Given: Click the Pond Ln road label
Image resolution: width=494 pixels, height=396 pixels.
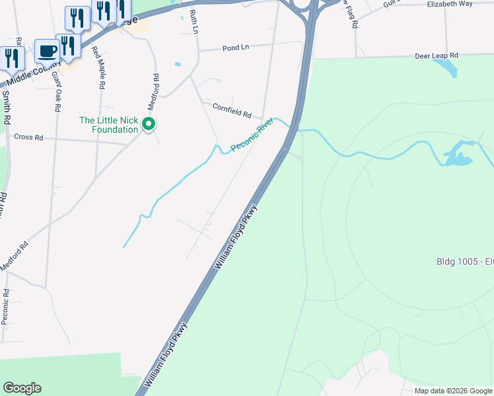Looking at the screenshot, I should pyautogui.click(x=236, y=48).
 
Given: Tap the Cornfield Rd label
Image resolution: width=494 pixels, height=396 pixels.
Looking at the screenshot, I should pyautogui.click(x=232, y=110).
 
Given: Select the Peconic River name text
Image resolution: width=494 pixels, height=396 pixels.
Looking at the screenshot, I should pyautogui.click(x=252, y=135).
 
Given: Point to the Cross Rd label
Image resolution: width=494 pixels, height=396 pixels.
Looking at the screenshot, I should pyautogui.click(x=28, y=137).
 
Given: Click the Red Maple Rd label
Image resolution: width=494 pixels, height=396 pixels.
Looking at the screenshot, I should pyautogui.click(x=98, y=67).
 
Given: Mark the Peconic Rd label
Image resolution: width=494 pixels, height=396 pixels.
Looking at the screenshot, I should pyautogui.click(x=5, y=306).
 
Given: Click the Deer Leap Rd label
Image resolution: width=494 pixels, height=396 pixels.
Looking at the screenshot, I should pyautogui.click(x=435, y=56).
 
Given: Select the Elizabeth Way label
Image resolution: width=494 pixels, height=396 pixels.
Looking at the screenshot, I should pyautogui.click(x=450, y=3).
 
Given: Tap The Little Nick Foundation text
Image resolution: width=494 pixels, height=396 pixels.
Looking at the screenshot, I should pyautogui.click(x=109, y=125).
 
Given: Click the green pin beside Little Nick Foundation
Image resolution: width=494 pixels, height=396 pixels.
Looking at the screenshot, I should pyautogui.click(x=150, y=123).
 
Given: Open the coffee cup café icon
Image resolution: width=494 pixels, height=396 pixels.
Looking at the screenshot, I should pyautogui.click(x=47, y=51).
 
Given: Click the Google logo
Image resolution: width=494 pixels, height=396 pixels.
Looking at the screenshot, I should pyautogui.click(x=22, y=388).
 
